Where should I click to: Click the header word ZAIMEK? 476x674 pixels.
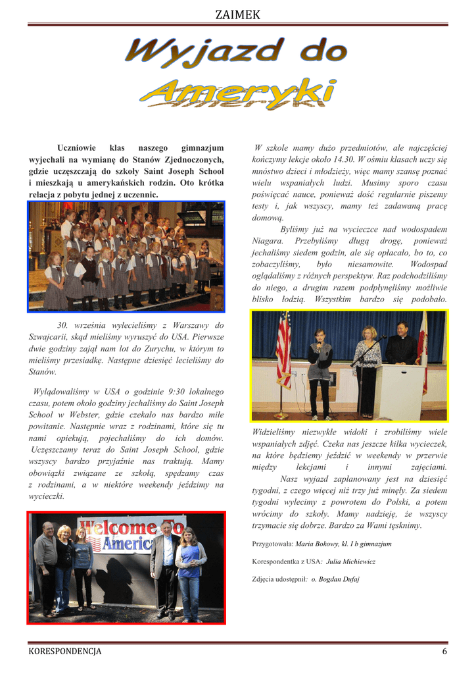click(238, 14)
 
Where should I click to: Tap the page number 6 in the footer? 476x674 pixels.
click(444, 652)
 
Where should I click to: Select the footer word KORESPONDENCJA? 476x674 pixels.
click(65, 652)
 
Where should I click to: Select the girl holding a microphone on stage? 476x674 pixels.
click(320, 372)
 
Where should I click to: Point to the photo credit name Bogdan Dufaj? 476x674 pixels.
click(339, 579)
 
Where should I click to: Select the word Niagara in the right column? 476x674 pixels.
click(268, 241)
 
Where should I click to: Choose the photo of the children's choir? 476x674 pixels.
click(126, 256)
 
